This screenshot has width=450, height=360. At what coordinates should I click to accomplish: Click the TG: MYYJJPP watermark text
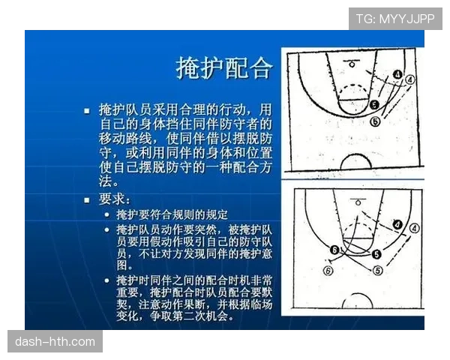(x=395, y=18)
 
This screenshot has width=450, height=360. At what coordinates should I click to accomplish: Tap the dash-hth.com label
(x=56, y=342)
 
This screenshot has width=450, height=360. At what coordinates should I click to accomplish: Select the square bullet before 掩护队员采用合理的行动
(x=87, y=110)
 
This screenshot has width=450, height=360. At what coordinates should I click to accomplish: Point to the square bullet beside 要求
(x=87, y=200)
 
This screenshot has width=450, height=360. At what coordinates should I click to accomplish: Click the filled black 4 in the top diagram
(x=397, y=74)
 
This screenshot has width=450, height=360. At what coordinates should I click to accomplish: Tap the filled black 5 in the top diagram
(x=374, y=105)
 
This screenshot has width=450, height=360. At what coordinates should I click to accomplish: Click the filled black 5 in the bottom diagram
(x=374, y=255)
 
